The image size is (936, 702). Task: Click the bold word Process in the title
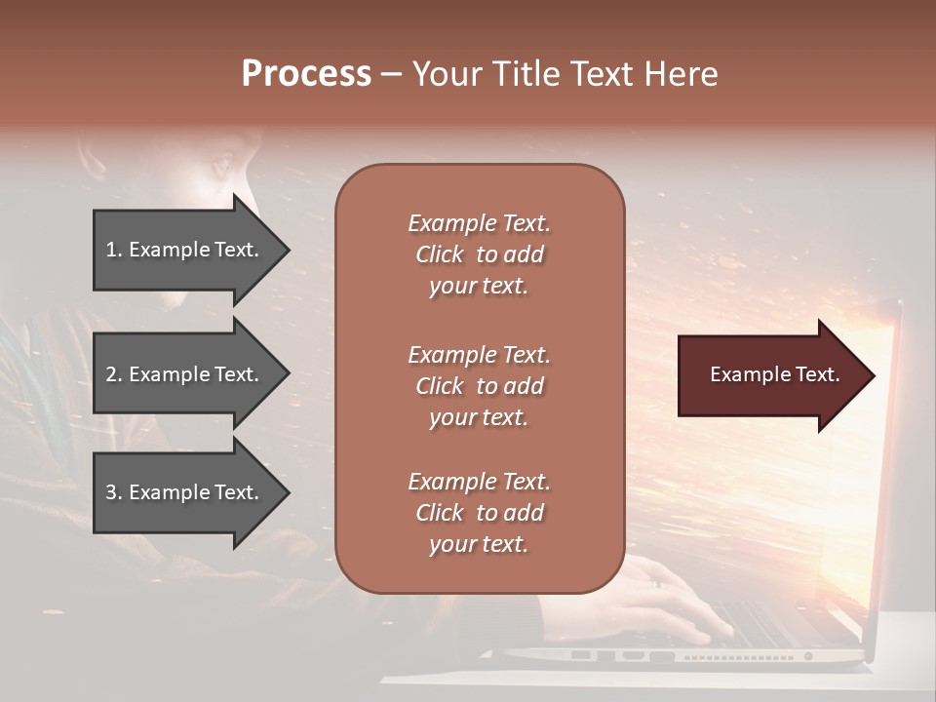coord(306,74)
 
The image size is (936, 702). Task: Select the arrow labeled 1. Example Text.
coord(185,250)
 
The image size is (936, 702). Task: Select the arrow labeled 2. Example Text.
coord(185,374)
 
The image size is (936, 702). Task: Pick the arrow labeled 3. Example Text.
coord(185,492)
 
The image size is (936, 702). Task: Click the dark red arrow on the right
coord(770,374)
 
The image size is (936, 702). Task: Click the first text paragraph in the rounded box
coord(479,254)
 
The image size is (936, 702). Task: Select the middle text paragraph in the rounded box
coord(479,386)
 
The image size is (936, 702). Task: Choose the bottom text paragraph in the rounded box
coord(479,513)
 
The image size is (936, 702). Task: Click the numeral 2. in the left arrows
coord(113,374)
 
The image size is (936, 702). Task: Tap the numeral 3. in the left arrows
coord(113,492)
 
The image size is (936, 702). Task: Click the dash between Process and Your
coord(391,75)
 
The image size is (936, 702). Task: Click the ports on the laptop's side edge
coord(624,656)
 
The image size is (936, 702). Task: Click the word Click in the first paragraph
coord(439,254)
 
